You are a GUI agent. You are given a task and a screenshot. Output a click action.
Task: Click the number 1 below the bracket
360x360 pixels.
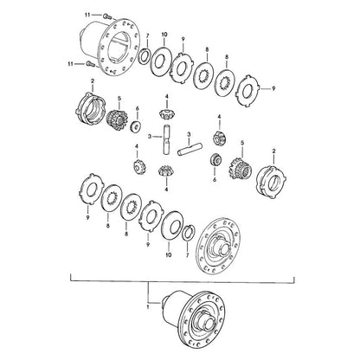point(147,307)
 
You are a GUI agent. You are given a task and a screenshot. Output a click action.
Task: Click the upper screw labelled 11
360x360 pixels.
point(108,16)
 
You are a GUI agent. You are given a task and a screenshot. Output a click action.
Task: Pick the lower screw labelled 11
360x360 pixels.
point(89,64)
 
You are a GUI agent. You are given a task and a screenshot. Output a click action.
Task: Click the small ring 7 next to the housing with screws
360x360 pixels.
point(144,56)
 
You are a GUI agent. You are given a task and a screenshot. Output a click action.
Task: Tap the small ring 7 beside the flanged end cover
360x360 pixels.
point(189,233)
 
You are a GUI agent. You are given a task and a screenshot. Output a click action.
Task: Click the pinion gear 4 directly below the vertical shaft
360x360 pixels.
point(165,171)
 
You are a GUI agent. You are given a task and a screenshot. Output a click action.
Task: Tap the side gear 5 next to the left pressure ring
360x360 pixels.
point(117,119)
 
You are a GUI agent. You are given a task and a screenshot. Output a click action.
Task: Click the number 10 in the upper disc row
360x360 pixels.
point(164,35)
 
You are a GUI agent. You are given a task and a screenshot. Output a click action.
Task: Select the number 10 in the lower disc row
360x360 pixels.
point(169,255)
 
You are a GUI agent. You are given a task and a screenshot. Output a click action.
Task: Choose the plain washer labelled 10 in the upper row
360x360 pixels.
point(161,61)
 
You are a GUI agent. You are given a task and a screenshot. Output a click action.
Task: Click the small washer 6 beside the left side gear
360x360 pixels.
point(135,127)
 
